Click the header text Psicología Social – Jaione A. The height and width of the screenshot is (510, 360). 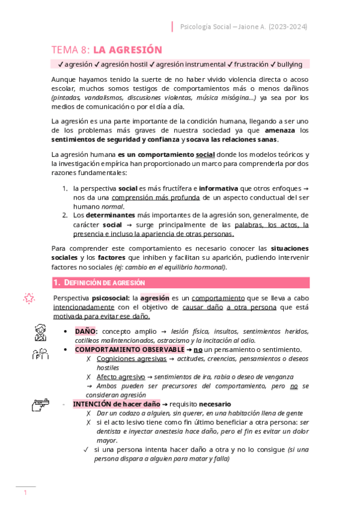(x=216, y=26)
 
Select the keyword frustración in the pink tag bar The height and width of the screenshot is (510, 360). (x=248, y=64)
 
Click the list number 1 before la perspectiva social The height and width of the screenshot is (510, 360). (x=66, y=188)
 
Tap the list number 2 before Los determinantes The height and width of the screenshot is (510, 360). (x=66, y=214)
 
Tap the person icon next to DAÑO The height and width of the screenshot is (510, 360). (x=40, y=331)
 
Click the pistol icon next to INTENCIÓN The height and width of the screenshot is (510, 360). (x=40, y=407)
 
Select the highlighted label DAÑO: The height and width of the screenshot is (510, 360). (x=87, y=331)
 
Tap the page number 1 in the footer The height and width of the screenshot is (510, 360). (x=25, y=493)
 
